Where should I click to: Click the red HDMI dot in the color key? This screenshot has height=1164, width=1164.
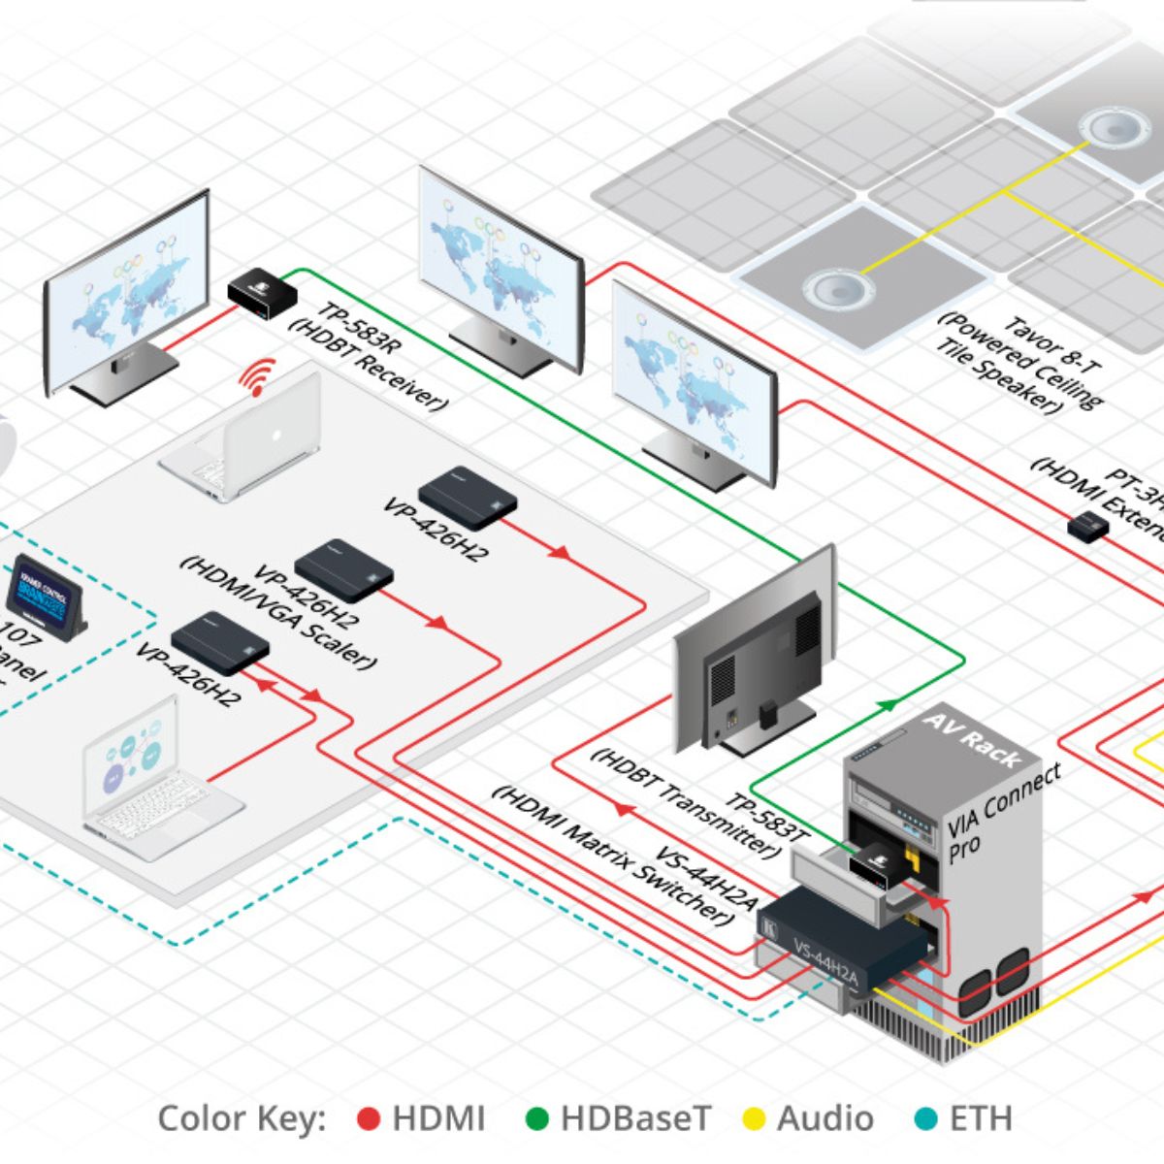(369, 1119)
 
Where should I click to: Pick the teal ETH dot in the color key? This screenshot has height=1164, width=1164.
(926, 1119)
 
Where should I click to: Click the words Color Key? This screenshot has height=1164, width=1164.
(242, 1118)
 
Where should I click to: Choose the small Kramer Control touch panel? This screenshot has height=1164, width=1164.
(45, 598)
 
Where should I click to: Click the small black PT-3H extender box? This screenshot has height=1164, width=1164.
(1088, 527)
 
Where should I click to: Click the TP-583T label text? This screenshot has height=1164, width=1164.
(766, 816)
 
